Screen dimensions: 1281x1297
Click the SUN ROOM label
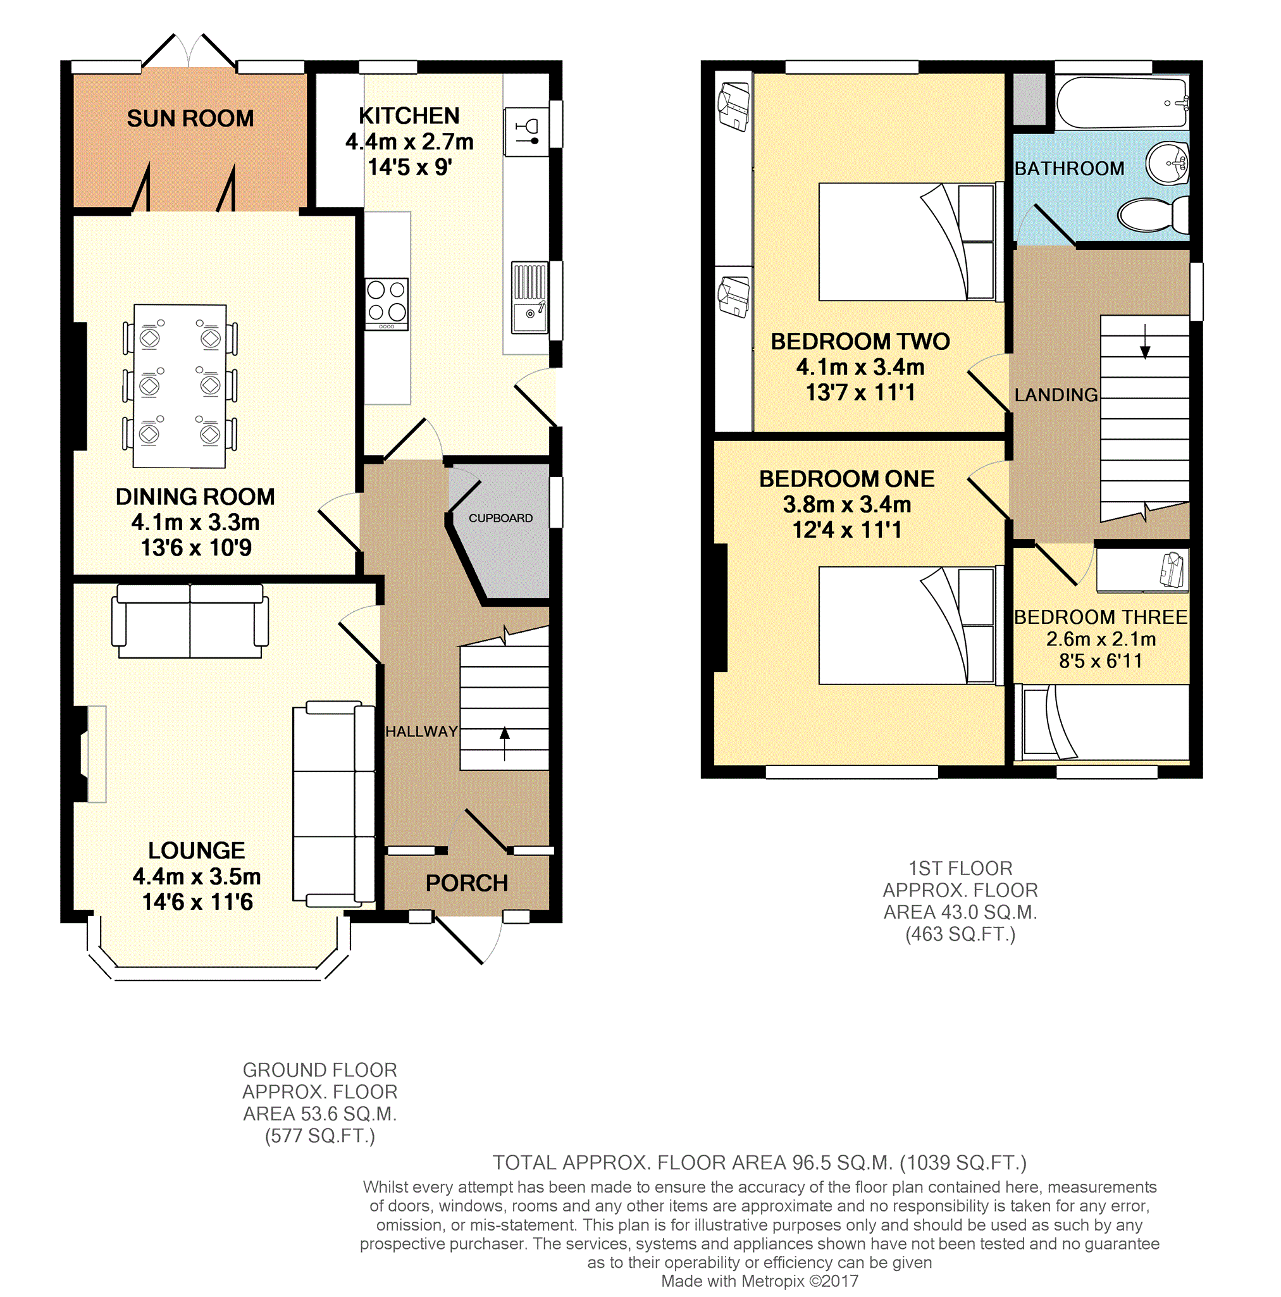point(190,118)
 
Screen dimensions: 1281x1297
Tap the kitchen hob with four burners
point(386,304)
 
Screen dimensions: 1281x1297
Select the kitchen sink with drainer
point(529,298)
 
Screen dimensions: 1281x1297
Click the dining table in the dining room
point(180,386)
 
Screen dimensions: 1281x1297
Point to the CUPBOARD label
point(500,518)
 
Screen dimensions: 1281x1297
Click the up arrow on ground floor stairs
point(504,743)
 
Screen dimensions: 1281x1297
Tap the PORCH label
point(467,883)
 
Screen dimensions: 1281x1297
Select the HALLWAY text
point(422,732)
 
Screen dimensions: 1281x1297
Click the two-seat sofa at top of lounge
point(190,621)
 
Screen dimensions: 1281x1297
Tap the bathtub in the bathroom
point(1122,102)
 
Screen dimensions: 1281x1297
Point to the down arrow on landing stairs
point(1146,342)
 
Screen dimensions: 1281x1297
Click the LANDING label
point(1056,395)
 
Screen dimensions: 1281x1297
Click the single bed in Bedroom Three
point(1102,723)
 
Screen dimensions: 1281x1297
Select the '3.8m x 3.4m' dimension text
point(846,504)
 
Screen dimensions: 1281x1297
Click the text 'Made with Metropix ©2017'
point(759,1281)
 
